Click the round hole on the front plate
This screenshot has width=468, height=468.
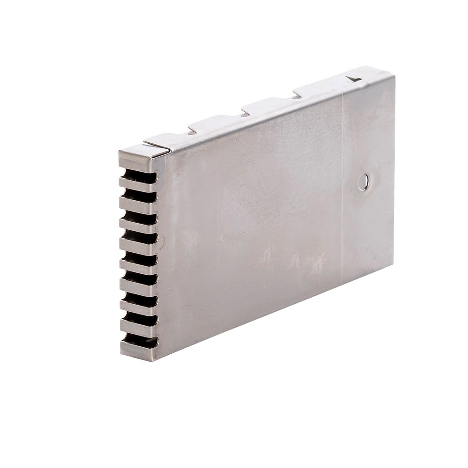[363, 182]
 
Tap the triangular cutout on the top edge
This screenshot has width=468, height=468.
[353, 79]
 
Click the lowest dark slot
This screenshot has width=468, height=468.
[139, 340]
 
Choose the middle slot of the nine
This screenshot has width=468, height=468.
[139, 259]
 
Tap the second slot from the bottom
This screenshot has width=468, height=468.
[139, 320]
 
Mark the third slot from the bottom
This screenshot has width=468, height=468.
[139, 300]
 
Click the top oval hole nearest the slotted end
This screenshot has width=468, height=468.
[192, 132]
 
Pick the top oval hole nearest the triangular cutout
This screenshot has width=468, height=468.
[297, 97]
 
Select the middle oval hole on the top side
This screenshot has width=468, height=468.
[244, 114]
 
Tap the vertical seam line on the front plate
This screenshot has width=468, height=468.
[343, 187]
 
